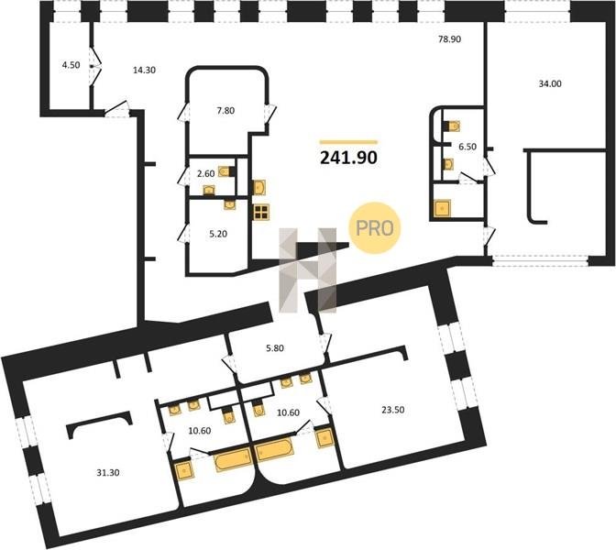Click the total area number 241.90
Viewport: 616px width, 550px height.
(x=349, y=158)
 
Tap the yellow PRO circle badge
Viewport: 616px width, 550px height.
(x=374, y=228)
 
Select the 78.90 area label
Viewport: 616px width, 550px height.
(x=449, y=39)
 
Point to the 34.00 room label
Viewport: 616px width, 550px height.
(x=550, y=83)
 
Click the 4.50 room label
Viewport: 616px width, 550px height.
(x=71, y=65)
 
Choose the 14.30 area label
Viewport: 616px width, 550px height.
(x=144, y=71)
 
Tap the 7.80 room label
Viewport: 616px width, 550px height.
(x=225, y=111)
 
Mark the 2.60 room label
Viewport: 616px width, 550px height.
(x=205, y=173)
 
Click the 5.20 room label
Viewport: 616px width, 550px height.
(x=218, y=234)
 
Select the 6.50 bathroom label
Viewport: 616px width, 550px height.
(x=467, y=147)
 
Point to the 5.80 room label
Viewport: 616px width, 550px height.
(x=275, y=348)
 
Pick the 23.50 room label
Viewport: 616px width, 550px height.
(x=393, y=410)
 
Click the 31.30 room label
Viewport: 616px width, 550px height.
(x=108, y=473)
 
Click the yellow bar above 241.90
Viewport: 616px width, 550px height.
(x=348, y=142)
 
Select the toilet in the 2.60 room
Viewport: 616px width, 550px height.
(x=226, y=171)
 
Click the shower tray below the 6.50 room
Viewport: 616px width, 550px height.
(x=443, y=208)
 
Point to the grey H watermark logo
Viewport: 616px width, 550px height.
(x=308, y=270)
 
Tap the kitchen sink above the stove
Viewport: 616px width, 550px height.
(x=259, y=188)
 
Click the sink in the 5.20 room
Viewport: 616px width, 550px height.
(x=230, y=204)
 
